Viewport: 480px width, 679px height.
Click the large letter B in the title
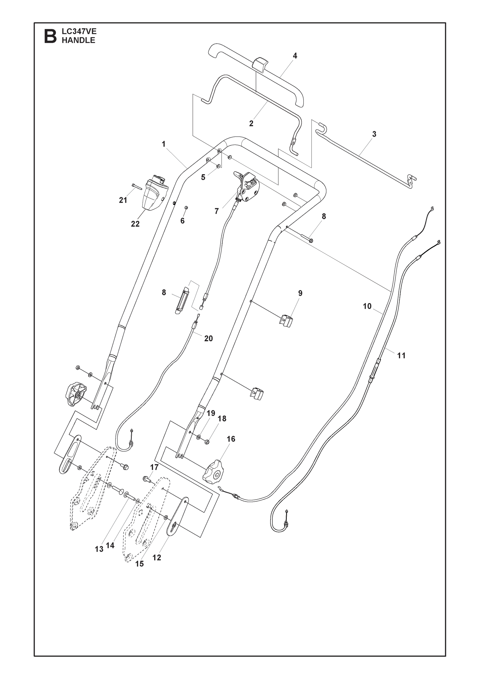(50, 36)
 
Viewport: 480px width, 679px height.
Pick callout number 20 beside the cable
(208, 338)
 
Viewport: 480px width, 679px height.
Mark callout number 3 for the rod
(374, 134)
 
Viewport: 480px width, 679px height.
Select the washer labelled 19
(199, 437)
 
